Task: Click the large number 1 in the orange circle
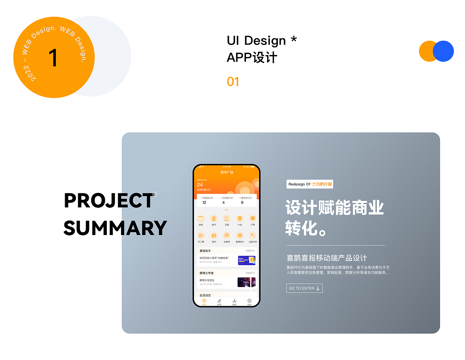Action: (53, 58)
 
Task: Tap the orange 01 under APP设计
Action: (233, 82)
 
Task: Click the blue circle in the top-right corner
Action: (443, 51)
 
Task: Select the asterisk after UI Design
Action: (294, 39)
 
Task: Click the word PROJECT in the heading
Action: (109, 201)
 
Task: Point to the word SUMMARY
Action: (115, 228)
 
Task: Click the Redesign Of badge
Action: (310, 184)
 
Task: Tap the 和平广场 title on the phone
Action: (227, 173)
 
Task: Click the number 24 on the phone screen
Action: (200, 185)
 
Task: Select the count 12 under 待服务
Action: (204, 203)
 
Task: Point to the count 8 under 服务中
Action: (242, 203)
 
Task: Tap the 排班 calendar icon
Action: (201, 218)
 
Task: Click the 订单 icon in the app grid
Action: (252, 218)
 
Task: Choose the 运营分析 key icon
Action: (252, 235)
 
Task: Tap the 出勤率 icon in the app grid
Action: (227, 235)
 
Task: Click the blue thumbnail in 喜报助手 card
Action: (247, 260)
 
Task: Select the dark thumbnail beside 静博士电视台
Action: (247, 282)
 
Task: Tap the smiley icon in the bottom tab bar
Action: (249, 301)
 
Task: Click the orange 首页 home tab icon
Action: (204, 301)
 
